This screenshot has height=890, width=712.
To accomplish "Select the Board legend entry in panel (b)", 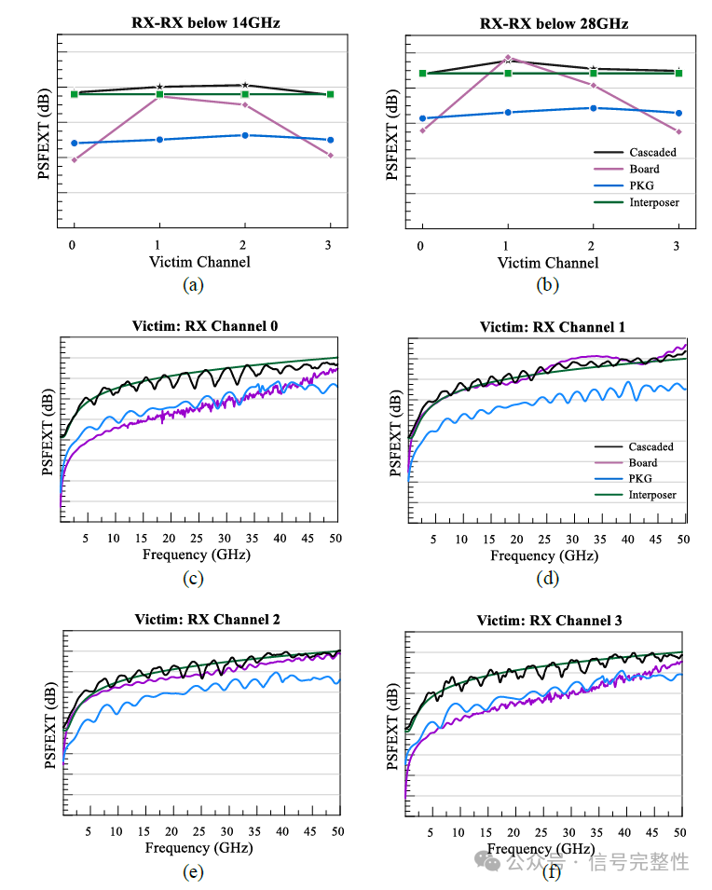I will tap(643, 169).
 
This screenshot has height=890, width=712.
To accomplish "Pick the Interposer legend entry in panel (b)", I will tap(653, 202).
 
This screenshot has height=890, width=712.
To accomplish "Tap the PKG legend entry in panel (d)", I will tap(642, 479).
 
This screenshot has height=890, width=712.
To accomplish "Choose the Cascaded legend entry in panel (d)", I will tap(650, 446).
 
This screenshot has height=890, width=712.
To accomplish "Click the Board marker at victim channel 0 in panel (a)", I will tap(74, 160).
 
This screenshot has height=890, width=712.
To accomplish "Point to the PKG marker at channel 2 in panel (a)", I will tap(245, 135).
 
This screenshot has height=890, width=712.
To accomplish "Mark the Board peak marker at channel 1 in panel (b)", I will tap(508, 58).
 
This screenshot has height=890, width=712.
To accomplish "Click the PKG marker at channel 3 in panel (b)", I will tap(678, 113).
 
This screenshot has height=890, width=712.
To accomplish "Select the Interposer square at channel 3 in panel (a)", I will tap(330, 94).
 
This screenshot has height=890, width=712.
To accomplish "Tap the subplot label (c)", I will tap(194, 579).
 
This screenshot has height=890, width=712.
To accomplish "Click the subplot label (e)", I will tap(194, 872).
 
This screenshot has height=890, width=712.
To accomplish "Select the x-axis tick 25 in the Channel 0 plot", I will tap(195, 538).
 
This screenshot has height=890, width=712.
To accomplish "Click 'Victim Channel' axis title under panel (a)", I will tap(199, 262).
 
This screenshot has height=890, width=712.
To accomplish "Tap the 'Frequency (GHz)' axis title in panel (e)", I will tap(199, 848).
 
